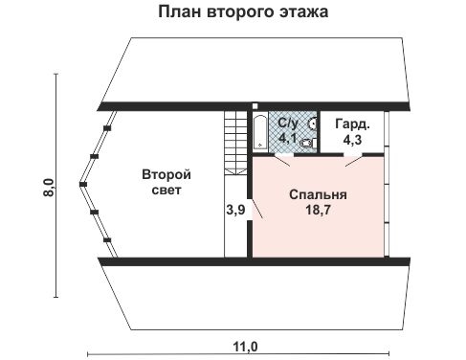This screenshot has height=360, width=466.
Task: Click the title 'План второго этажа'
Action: (233, 13)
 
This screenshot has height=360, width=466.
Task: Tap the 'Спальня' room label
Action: (318, 194)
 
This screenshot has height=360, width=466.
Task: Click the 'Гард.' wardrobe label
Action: (347, 124)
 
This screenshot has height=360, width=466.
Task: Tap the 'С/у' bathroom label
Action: (287, 124)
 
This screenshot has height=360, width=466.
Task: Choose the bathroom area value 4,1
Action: (287, 139)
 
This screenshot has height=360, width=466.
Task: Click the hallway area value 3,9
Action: (234, 209)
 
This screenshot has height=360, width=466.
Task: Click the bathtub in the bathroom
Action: (262, 131)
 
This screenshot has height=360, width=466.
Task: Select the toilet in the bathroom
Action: (307, 143)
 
